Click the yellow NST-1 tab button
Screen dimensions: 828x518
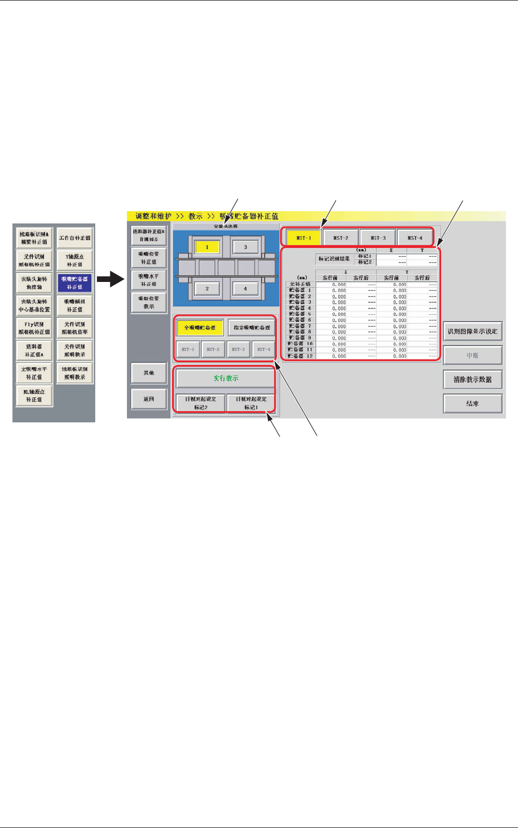click(x=304, y=238)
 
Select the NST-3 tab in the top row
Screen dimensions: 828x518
click(x=378, y=238)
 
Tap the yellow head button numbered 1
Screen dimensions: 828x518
click(x=207, y=247)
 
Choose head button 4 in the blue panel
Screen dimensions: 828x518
click(x=245, y=289)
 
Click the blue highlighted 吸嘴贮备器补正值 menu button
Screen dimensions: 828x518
click(x=75, y=283)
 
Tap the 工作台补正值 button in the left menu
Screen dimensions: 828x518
click(x=75, y=238)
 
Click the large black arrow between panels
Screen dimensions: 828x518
click(x=110, y=279)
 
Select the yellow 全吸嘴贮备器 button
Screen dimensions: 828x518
click(x=200, y=328)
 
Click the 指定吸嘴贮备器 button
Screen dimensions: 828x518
click(x=252, y=328)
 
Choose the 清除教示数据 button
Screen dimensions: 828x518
click(x=472, y=379)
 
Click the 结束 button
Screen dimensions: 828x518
click(x=472, y=403)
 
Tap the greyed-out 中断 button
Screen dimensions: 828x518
click(x=472, y=355)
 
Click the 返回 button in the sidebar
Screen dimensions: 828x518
click(x=149, y=399)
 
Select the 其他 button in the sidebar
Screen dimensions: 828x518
click(x=149, y=373)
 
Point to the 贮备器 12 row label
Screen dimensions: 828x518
click(x=301, y=355)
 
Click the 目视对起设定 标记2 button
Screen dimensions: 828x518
click(x=201, y=403)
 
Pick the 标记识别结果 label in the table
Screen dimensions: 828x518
click(x=334, y=259)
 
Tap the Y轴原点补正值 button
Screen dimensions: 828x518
click(x=75, y=260)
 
